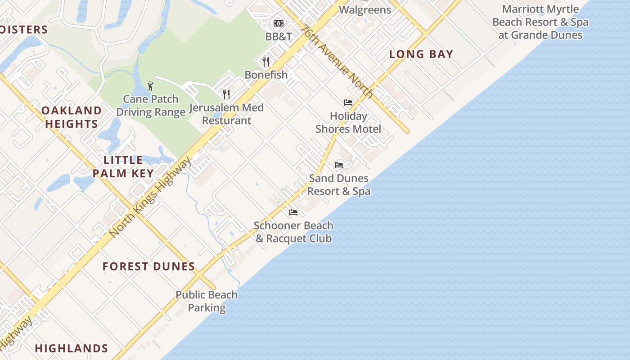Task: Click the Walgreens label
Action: pyautogui.click(x=365, y=9)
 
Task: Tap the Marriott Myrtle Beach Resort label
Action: pyautogui.click(x=540, y=22)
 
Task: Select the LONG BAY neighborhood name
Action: pyautogui.click(x=421, y=54)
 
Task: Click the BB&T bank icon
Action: pyautogui.click(x=279, y=23)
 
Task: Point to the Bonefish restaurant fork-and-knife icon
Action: pyautogui.click(x=266, y=61)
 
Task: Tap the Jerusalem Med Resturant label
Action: pyautogui.click(x=226, y=114)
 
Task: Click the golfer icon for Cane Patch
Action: pyautogui.click(x=150, y=85)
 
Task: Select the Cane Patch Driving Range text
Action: pyautogui.click(x=151, y=106)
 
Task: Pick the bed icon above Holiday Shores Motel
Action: pyautogui.click(x=348, y=103)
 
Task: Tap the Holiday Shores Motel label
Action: pyautogui.click(x=348, y=122)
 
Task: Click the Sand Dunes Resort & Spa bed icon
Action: pyautogui.click(x=339, y=165)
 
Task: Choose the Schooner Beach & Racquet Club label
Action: pyautogui.click(x=293, y=232)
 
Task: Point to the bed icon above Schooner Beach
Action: pyautogui.click(x=293, y=212)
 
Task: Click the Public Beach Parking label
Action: pyautogui.click(x=207, y=301)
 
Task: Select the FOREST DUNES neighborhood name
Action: pyautogui.click(x=148, y=266)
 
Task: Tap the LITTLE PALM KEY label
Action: pyautogui.click(x=123, y=166)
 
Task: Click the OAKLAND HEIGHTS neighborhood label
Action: pyautogui.click(x=72, y=117)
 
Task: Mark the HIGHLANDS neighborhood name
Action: pyautogui.click(x=72, y=348)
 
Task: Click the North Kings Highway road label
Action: pyautogui.click(x=150, y=197)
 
